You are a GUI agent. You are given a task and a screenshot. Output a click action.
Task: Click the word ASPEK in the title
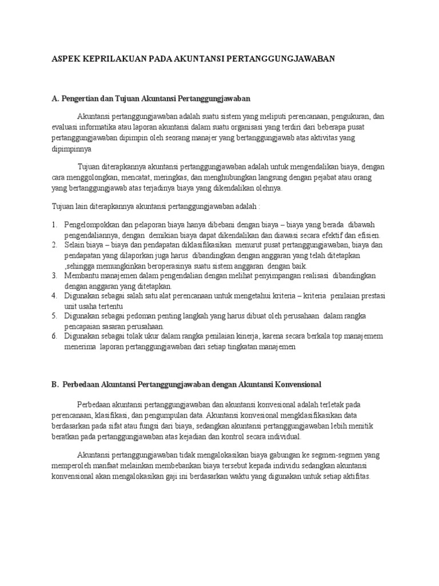pyautogui.click(x=66, y=59)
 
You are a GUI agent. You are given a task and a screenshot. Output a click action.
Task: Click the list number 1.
pyautogui.click(x=53, y=225)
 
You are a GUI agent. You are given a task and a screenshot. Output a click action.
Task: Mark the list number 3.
pyautogui.click(x=53, y=275)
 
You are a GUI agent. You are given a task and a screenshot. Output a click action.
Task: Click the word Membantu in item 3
pyautogui.click(x=81, y=275)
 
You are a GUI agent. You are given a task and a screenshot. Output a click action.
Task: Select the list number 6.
pyautogui.click(x=53, y=336)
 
